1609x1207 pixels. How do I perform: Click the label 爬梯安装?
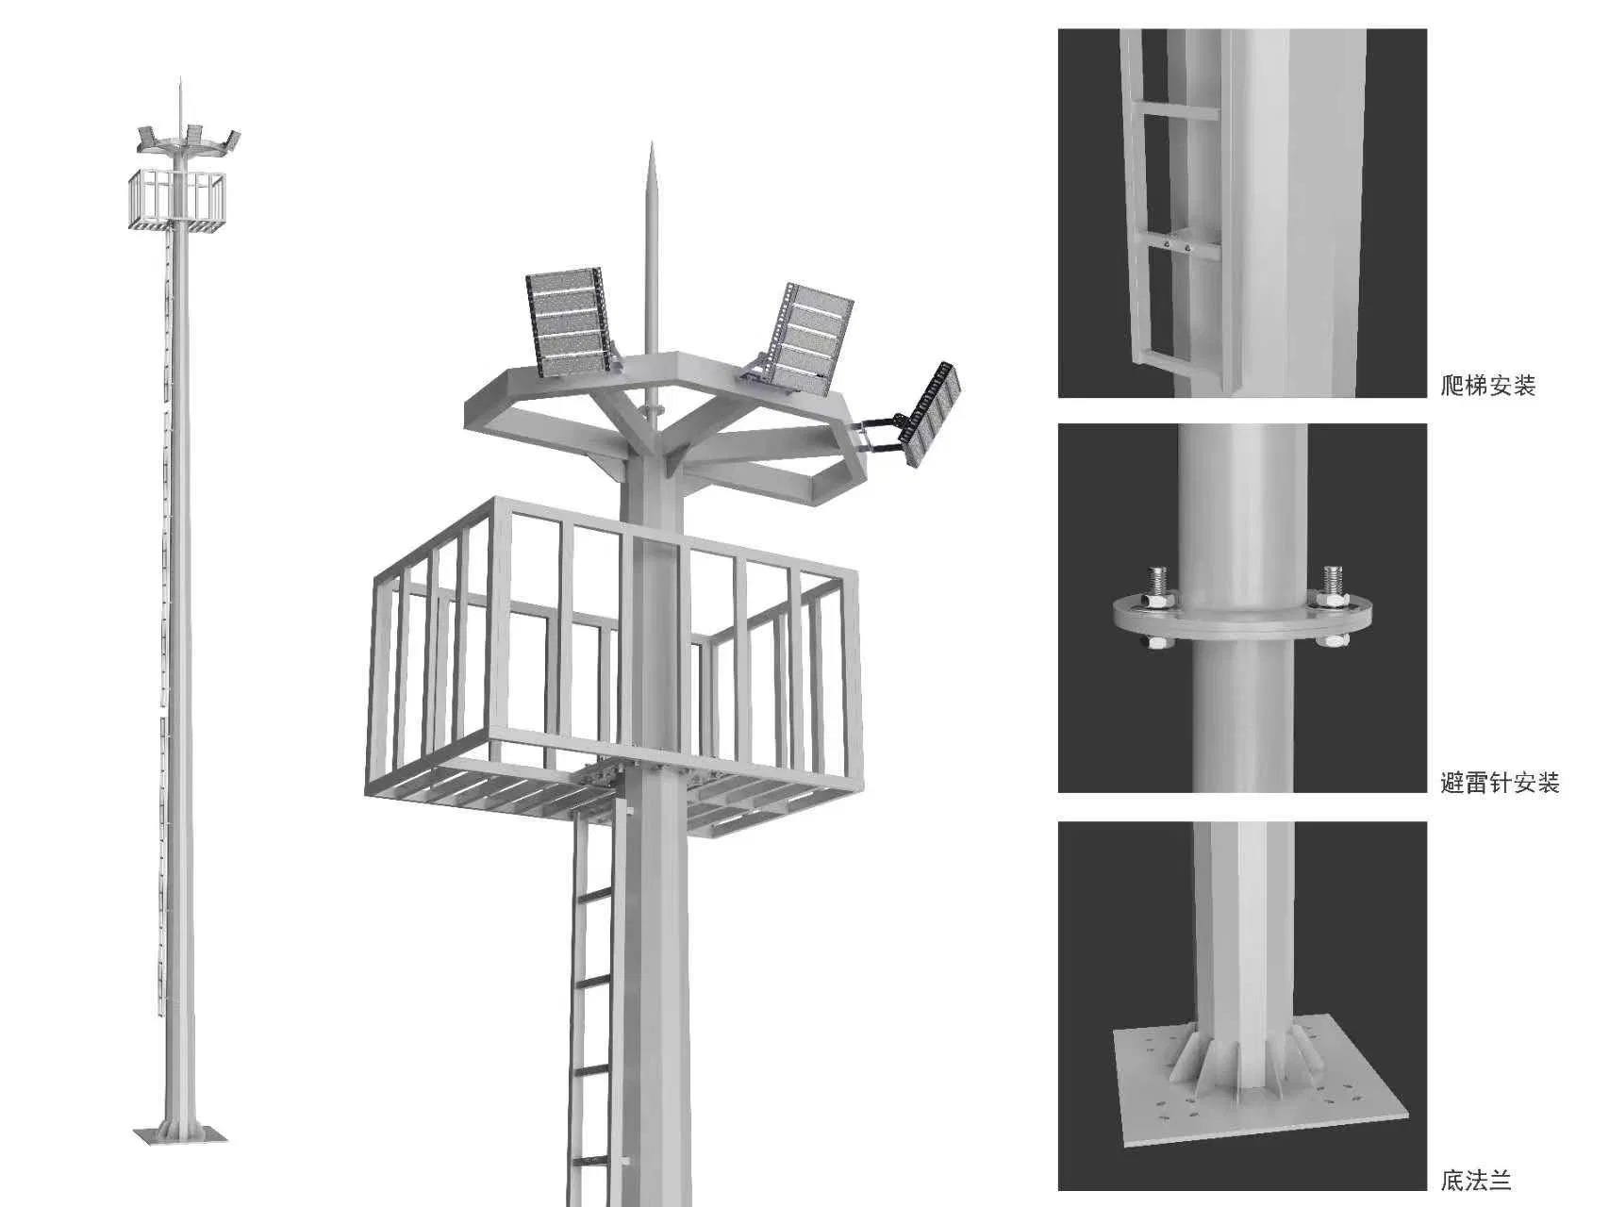pyautogui.click(x=1488, y=385)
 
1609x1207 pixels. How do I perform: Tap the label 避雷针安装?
pyautogui.click(x=1500, y=782)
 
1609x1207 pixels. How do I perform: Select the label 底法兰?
pyautogui.click(x=1476, y=1180)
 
